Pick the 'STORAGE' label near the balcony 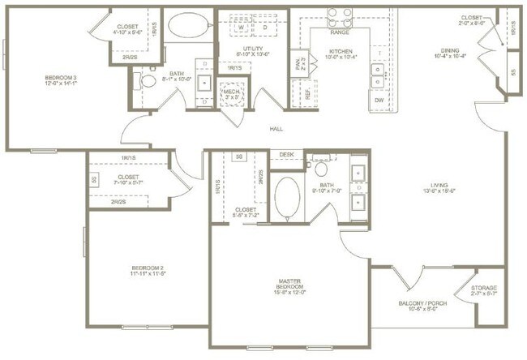[485, 289]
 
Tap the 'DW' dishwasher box [379, 100]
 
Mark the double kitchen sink [379, 75]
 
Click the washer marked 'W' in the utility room [241, 27]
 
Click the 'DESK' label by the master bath [286, 154]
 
